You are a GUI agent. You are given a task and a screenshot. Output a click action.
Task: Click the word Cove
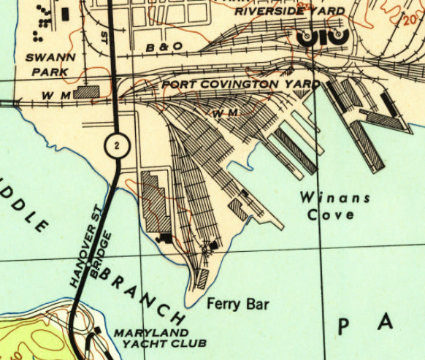click(330, 215)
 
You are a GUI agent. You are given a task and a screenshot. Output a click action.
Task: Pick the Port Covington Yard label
click(240, 84)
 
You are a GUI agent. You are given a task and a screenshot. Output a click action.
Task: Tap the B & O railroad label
click(160, 47)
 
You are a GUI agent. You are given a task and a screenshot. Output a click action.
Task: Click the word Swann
click(46, 56)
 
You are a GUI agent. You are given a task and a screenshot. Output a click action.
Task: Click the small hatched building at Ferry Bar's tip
click(203, 277)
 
